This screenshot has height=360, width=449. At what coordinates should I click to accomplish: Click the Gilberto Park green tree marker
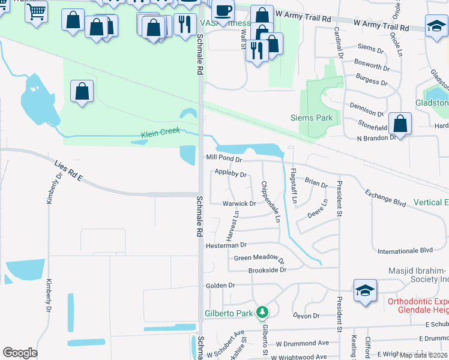pyautogui.click(x=262, y=313)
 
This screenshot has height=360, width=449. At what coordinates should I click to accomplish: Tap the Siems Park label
pyautogui.click(x=312, y=118)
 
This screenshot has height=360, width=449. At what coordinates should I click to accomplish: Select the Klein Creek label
pyautogui.click(x=160, y=133)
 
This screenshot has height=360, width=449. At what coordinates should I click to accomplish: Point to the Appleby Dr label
pyautogui.click(x=231, y=175)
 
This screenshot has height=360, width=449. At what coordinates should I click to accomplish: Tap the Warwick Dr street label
pyautogui.click(x=239, y=203)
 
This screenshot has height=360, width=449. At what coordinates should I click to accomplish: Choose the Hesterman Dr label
pyautogui.click(x=226, y=245)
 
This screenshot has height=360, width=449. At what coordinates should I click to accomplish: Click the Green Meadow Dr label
pyautogui.click(x=259, y=258)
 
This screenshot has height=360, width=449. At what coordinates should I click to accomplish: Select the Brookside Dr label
pyautogui.click(x=268, y=271)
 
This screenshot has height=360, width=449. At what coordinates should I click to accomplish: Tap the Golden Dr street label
pyautogui.click(x=220, y=286)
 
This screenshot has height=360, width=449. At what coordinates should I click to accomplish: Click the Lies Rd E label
pyautogui.click(x=67, y=172)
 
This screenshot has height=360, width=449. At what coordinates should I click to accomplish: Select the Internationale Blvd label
pyautogui.click(x=405, y=250)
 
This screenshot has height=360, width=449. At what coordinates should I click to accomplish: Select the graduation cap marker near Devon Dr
pyautogui.click(x=365, y=291)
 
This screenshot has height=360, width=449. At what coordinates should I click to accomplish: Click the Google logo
pyautogui.click(x=20, y=353)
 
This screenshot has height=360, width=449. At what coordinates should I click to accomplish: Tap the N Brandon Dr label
pyautogui.click(x=376, y=137)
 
